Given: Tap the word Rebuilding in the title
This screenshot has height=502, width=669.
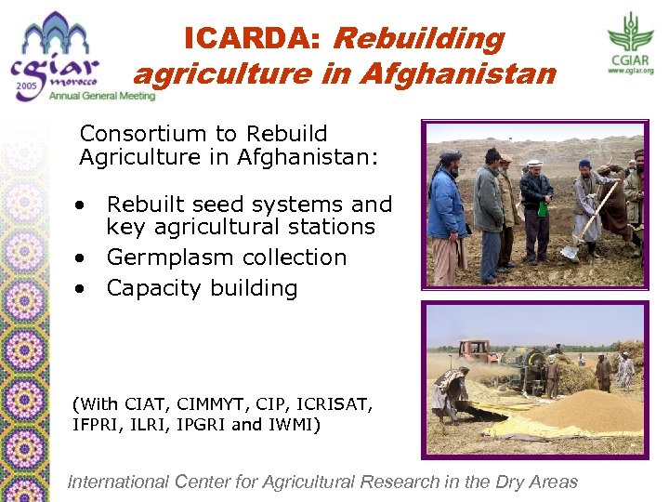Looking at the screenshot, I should click(418, 38).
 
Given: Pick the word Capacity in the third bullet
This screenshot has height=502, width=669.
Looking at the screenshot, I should click(151, 288).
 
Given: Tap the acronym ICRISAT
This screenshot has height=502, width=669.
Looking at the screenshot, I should click(334, 404).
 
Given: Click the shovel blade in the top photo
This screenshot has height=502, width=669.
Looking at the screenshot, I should click(570, 251).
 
